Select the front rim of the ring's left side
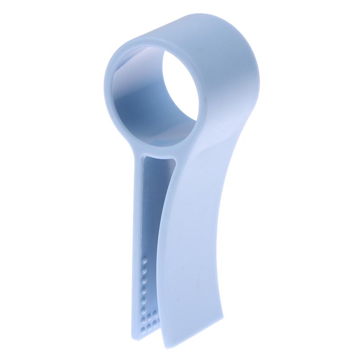click(x=111, y=90)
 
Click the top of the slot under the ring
click(x=157, y=157)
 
